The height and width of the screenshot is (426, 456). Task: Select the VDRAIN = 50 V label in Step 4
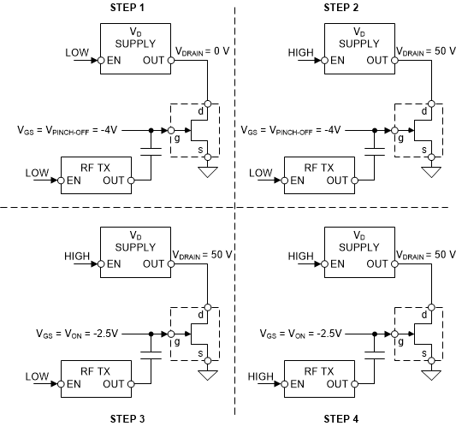tap(424, 254)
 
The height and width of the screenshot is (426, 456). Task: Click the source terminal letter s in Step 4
tap(423, 352)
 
